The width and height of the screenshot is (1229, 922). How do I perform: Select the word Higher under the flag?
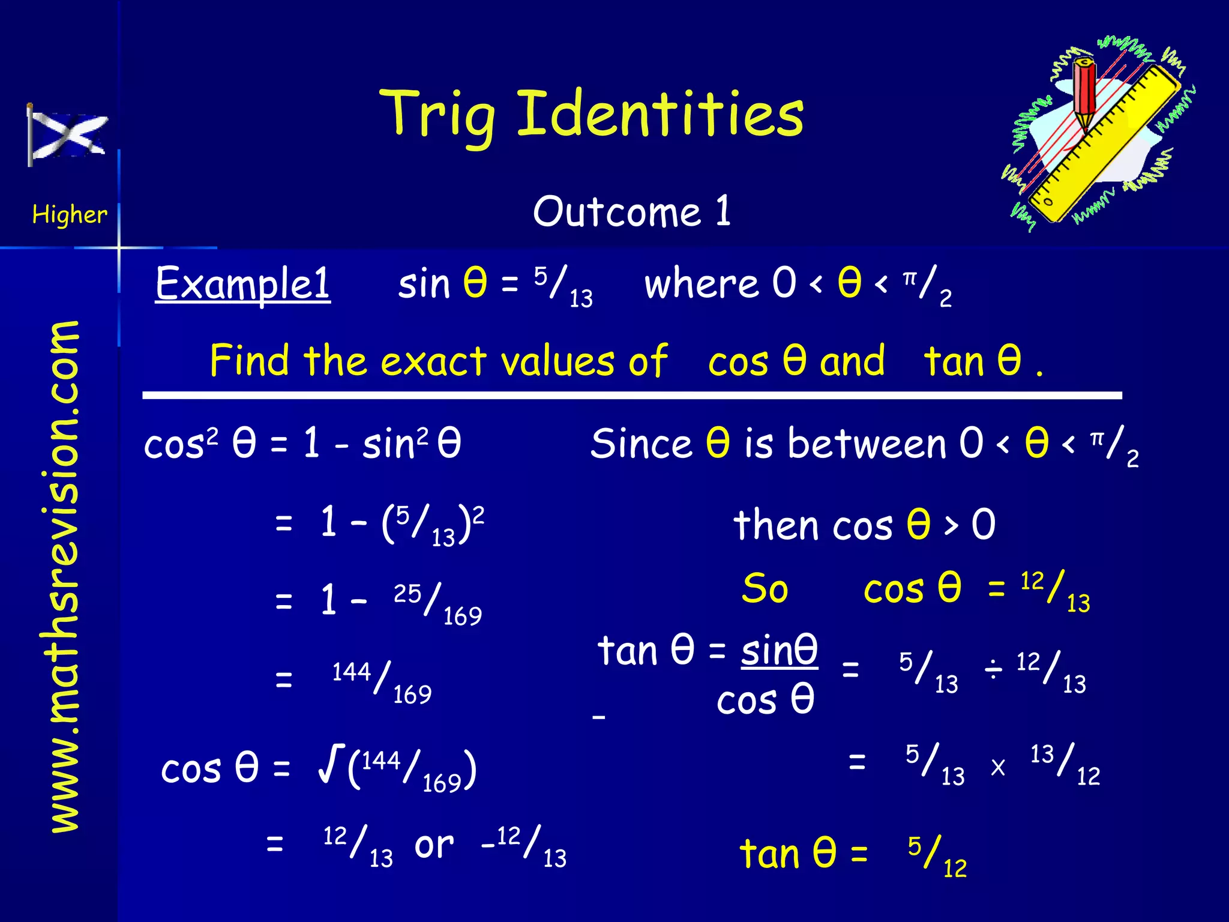tap(70, 214)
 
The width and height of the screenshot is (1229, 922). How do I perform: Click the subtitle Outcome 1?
tap(631, 211)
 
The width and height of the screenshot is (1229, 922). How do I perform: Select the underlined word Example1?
tap(242, 283)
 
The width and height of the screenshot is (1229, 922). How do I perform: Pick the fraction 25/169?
tap(437, 603)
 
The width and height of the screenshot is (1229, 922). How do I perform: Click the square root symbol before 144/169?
tap(331, 764)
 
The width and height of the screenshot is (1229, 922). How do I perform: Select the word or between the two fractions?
tap(434, 845)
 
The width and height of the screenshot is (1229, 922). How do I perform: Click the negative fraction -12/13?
tap(524, 845)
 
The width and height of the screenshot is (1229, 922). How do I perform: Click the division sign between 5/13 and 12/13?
tap(993, 669)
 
